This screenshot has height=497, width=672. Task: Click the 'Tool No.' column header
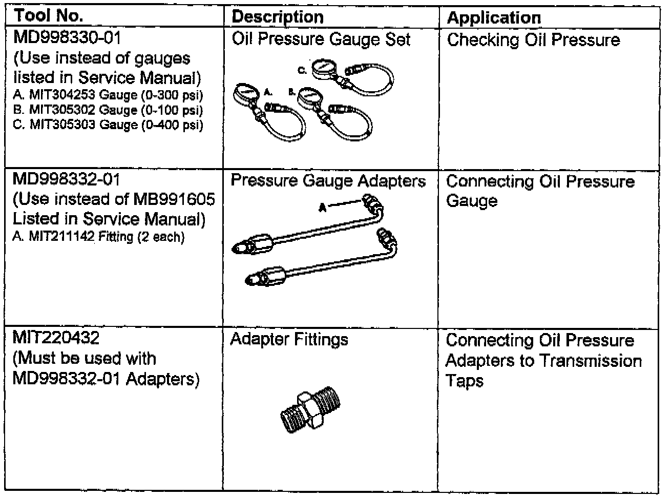[49, 16]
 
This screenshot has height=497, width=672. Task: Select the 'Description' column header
[277, 17]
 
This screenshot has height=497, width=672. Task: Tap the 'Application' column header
[494, 18]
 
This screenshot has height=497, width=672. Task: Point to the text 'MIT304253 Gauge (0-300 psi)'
[108, 95]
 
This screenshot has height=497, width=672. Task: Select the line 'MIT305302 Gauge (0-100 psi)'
[108, 110]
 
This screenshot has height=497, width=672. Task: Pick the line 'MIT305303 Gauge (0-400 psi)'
[108, 125]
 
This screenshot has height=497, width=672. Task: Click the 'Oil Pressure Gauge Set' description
[321, 39]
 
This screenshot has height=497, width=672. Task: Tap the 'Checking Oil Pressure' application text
[533, 40]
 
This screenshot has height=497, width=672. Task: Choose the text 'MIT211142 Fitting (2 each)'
[98, 237]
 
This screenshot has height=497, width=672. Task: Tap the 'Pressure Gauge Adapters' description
[328, 181]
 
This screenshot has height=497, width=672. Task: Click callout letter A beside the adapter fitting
[322, 207]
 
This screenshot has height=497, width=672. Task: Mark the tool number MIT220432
[56, 338]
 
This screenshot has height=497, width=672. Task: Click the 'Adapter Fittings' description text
[289, 339]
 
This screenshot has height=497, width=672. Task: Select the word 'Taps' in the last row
[464, 381]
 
